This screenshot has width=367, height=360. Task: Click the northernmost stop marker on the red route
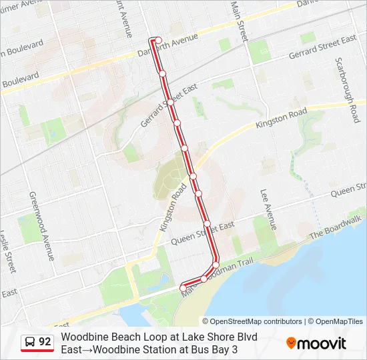158,40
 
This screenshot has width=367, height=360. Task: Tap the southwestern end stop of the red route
182,287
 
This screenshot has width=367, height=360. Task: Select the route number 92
45,342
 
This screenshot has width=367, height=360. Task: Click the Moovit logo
316,343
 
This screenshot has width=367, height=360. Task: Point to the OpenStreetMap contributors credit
256,321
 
